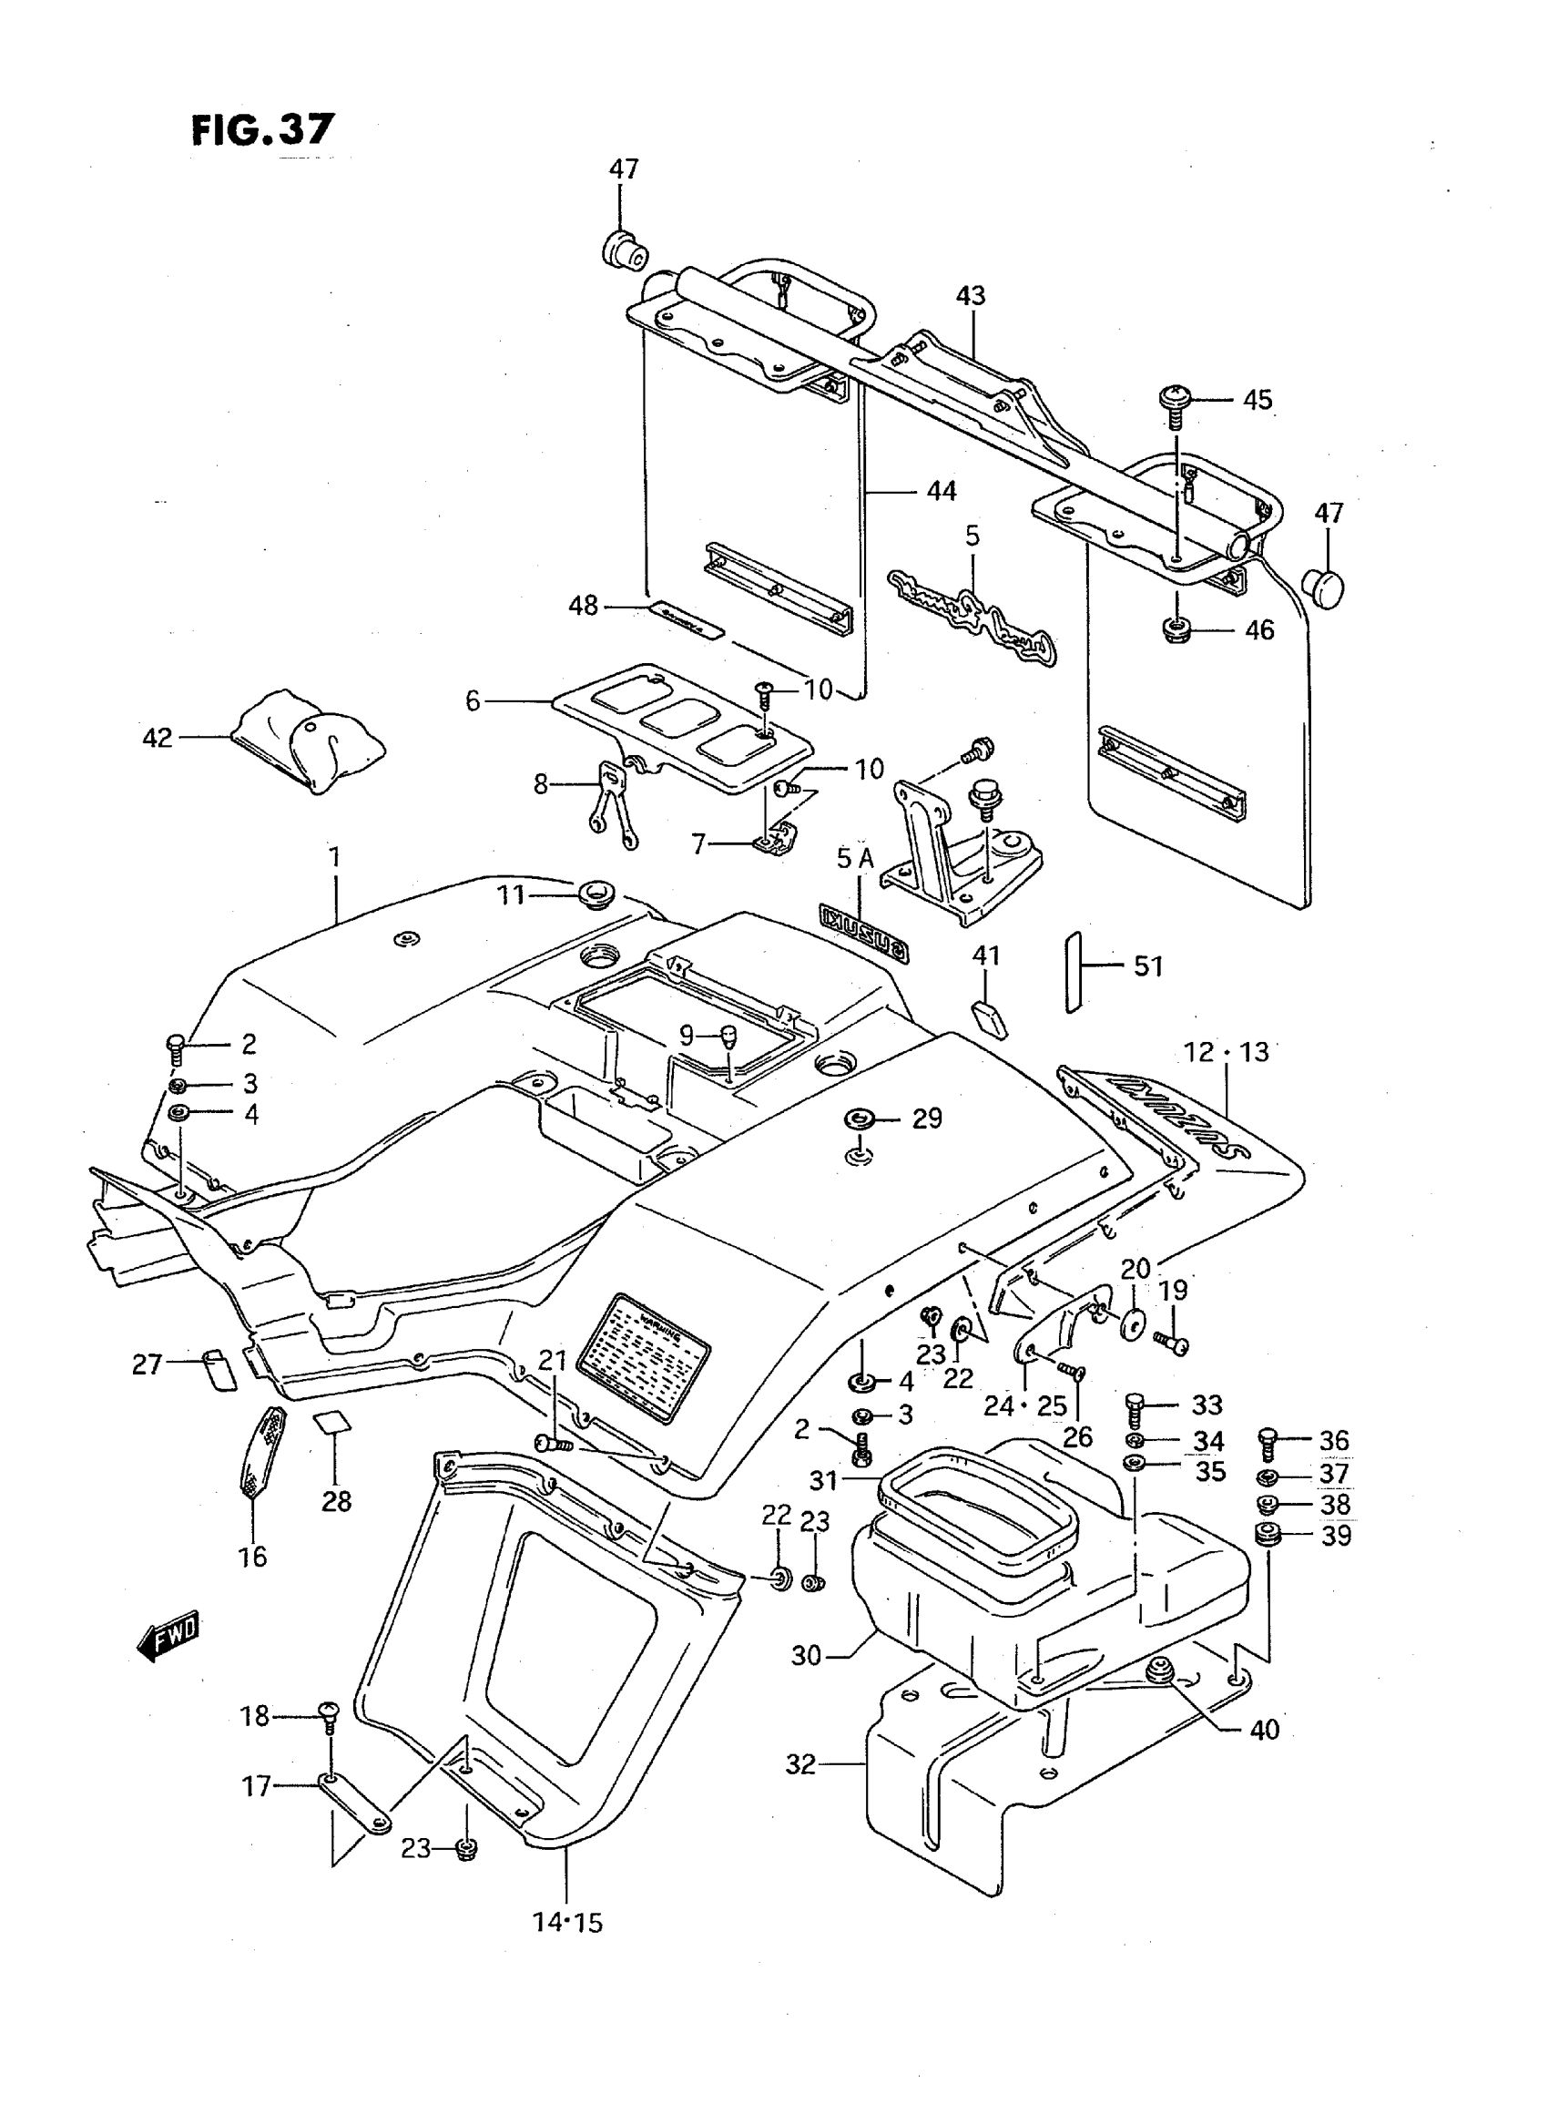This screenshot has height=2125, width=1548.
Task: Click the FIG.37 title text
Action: click(x=262, y=129)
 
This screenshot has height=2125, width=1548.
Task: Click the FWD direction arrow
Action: click(x=169, y=1636)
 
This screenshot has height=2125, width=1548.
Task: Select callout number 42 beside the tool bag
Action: click(x=157, y=738)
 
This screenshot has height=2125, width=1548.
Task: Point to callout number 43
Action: click(x=971, y=296)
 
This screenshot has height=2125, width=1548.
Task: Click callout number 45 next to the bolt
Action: click(x=1257, y=400)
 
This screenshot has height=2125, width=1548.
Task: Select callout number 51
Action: click(x=1148, y=965)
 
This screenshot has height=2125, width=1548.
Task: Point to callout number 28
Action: click(x=336, y=1501)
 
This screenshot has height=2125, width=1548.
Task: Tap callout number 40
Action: click(x=1264, y=1730)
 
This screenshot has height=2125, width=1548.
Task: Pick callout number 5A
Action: click(x=854, y=858)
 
